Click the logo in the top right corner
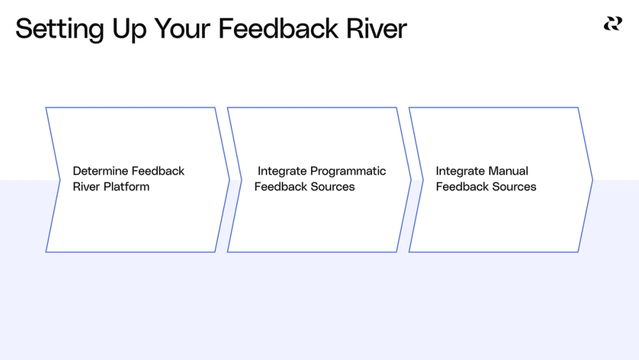[x=612, y=24]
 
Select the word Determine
[x=100, y=171]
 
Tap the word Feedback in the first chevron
[x=158, y=171]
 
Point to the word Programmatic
[x=348, y=171]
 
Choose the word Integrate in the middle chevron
[x=282, y=171]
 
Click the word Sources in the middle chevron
[x=332, y=187]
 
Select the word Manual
[x=508, y=171]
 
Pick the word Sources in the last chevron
[x=514, y=187]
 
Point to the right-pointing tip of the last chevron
[x=592, y=180]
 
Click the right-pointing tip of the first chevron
[x=229, y=180]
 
